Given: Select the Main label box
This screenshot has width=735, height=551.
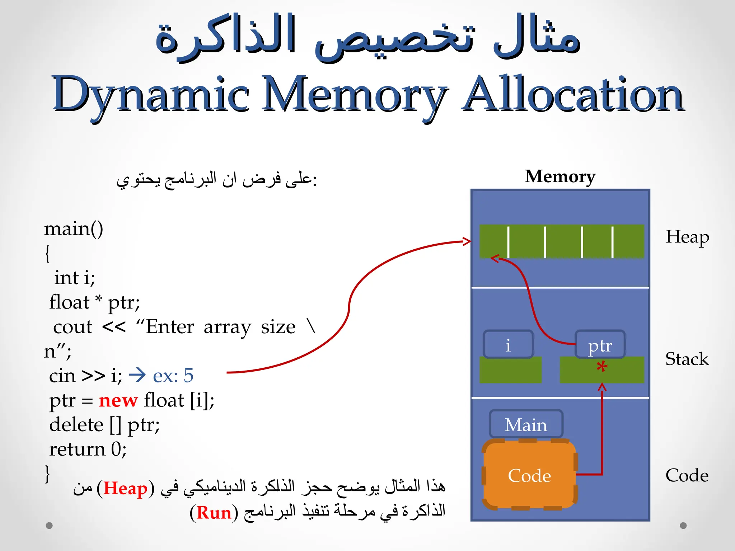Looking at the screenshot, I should [526, 425].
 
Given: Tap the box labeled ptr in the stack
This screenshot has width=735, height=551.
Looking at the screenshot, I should [600, 345].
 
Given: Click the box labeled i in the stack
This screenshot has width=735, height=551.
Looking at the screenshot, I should [508, 345].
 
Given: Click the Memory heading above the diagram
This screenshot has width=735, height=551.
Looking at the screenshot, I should [560, 176].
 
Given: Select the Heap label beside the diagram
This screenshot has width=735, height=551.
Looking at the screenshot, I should [687, 237].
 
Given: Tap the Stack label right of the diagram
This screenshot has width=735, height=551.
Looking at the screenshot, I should [687, 359].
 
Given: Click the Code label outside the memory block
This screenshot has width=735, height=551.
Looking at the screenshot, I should [687, 475].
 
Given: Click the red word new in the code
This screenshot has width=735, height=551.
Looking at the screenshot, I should [118, 400].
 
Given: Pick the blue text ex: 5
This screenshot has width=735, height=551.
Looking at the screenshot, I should [173, 376].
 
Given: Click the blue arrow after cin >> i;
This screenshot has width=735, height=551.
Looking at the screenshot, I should [137, 375].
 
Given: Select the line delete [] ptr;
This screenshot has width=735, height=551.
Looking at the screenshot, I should [104, 425].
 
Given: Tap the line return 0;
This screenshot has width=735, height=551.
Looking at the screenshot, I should [88, 449].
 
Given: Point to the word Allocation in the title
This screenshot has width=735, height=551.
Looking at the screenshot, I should [573, 94].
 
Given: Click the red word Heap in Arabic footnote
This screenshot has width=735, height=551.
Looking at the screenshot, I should [125, 489].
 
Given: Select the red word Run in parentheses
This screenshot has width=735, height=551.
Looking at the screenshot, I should [214, 513].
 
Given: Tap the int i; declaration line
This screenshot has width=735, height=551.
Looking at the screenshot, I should [75, 278].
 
